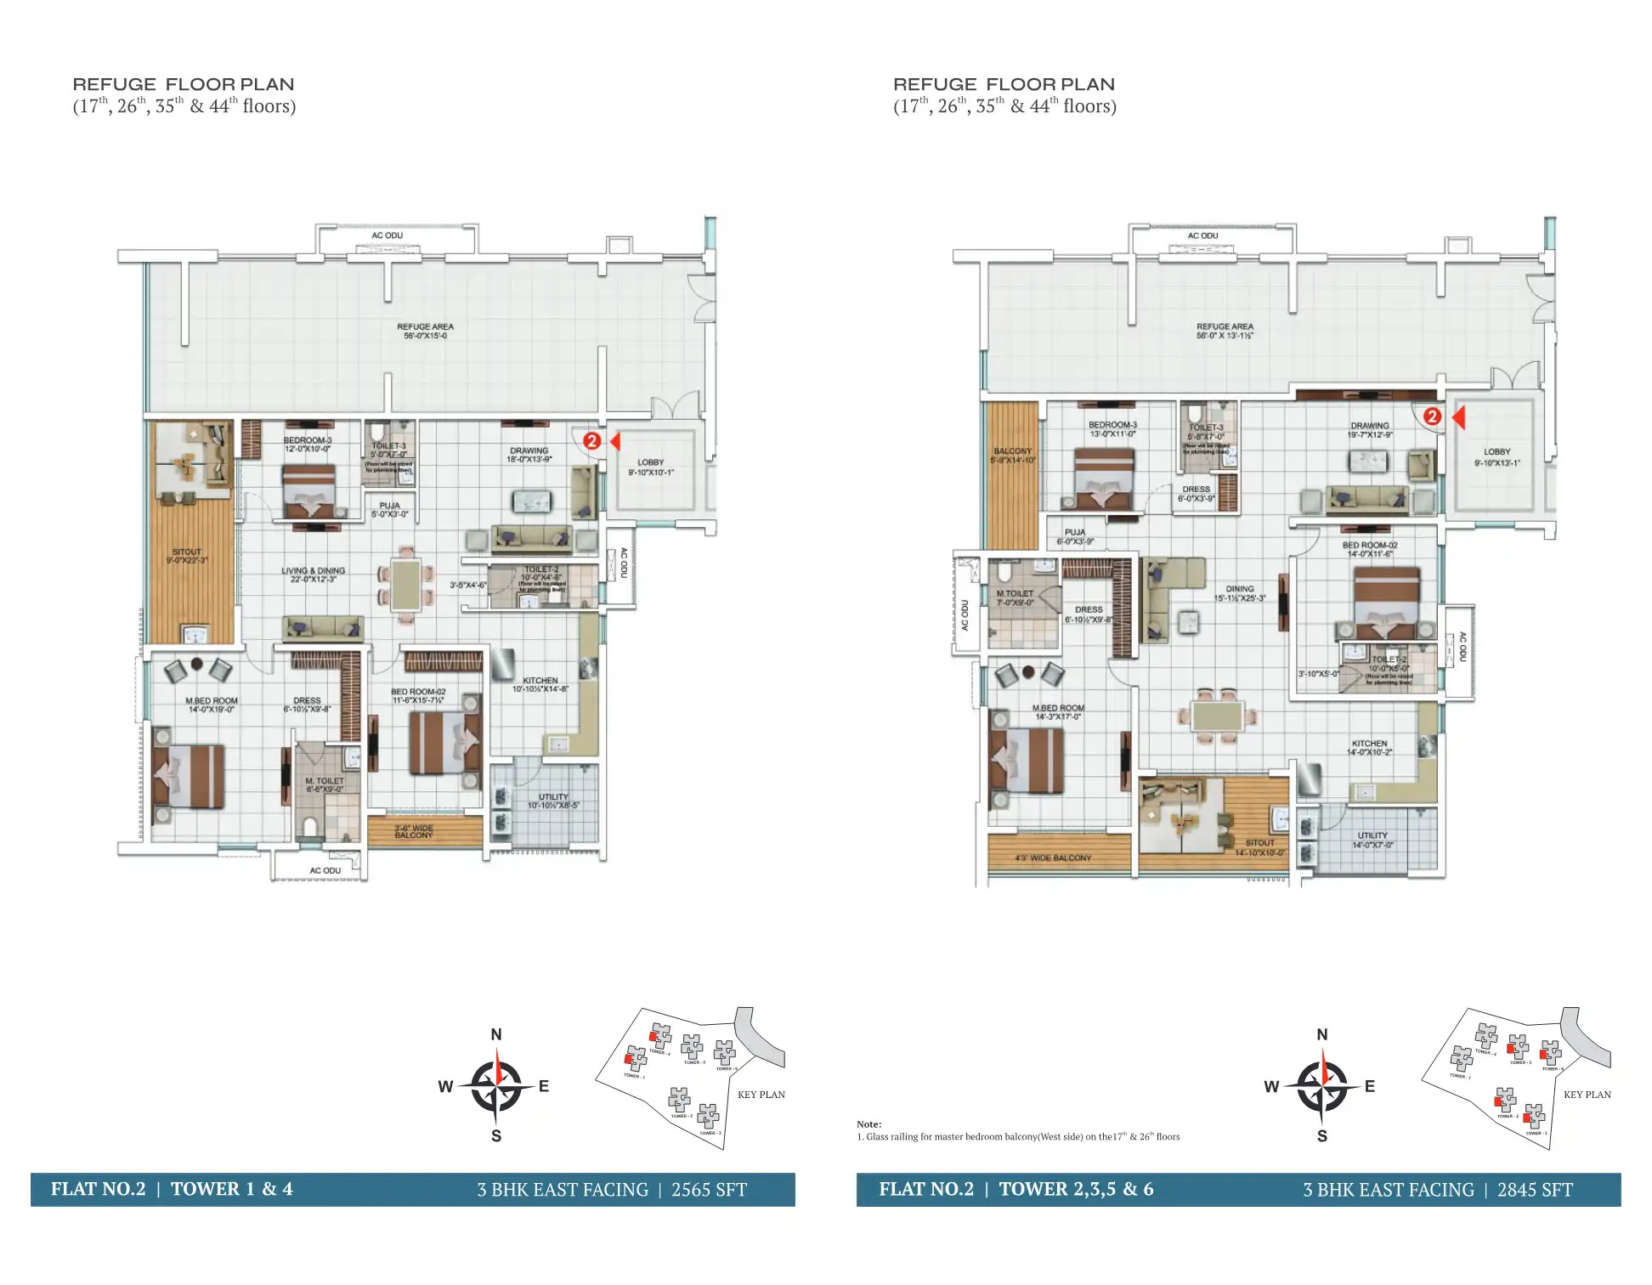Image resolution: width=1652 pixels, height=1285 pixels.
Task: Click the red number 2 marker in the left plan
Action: pos(591,441)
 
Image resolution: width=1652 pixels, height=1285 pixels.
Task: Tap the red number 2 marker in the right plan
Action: pos(1432,416)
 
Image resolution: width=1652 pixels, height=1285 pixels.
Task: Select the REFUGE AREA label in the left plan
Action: pos(425,331)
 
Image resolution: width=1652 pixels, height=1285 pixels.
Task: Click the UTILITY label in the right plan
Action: pos(1372,840)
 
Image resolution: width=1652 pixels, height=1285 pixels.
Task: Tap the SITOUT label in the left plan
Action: pos(187,556)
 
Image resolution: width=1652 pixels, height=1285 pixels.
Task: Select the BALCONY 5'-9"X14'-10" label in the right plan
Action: pos(1012,456)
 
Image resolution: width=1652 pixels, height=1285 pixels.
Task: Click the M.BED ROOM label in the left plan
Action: pos(212,705)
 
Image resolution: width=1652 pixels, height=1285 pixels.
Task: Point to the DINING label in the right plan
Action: pos(1239,592)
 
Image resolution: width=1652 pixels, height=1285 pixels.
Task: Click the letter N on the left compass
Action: pos(496,1034)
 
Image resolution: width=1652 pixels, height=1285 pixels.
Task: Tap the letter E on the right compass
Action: pos(1369,1086)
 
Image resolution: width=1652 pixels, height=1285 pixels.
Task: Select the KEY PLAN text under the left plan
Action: pos(761,1095)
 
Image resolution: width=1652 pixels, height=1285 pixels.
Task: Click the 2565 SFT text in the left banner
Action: pos(709,1190)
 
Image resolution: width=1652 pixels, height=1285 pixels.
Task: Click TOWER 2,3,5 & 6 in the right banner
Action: pos(1076,1189)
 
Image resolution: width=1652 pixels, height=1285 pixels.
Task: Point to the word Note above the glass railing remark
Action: pos(868,1124)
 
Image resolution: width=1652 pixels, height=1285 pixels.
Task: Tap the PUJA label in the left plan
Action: pos(389,509)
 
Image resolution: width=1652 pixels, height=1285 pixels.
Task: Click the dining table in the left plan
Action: pos(406,585)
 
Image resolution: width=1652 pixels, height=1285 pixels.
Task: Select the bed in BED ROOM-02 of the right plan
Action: pos(1386,603)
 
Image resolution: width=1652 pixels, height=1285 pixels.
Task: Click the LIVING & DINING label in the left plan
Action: pos(313,575)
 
